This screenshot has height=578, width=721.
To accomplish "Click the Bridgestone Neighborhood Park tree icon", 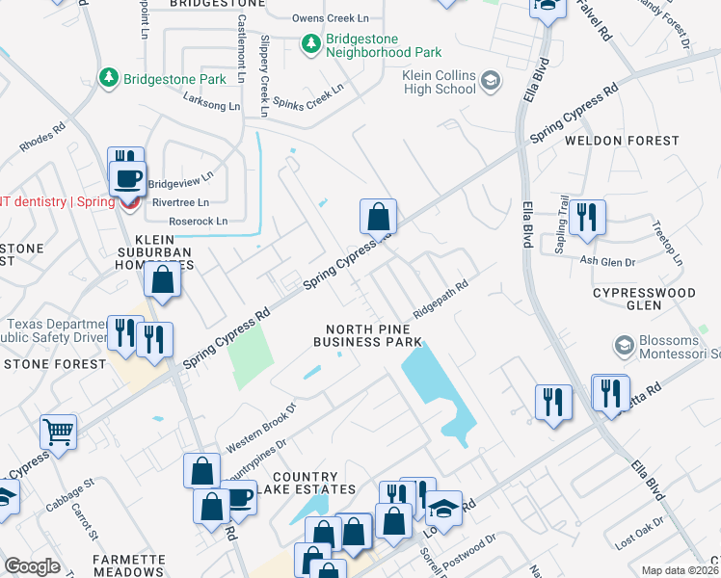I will coord(310,43).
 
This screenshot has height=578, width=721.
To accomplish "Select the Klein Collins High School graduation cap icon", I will coord(491,81).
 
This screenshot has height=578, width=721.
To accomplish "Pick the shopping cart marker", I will coord(59,433).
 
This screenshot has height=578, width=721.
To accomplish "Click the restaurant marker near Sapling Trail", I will coord(587,219).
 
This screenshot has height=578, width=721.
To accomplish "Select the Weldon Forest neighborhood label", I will coord(622,141).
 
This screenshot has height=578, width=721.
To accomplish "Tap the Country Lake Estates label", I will coord(306,484).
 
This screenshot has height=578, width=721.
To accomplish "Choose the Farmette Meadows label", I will coord(128,565).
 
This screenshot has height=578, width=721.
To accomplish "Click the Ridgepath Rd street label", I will coord(441,299).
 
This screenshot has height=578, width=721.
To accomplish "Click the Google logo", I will coord(32,566).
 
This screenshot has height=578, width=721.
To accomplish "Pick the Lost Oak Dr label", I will coord(639,541).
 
